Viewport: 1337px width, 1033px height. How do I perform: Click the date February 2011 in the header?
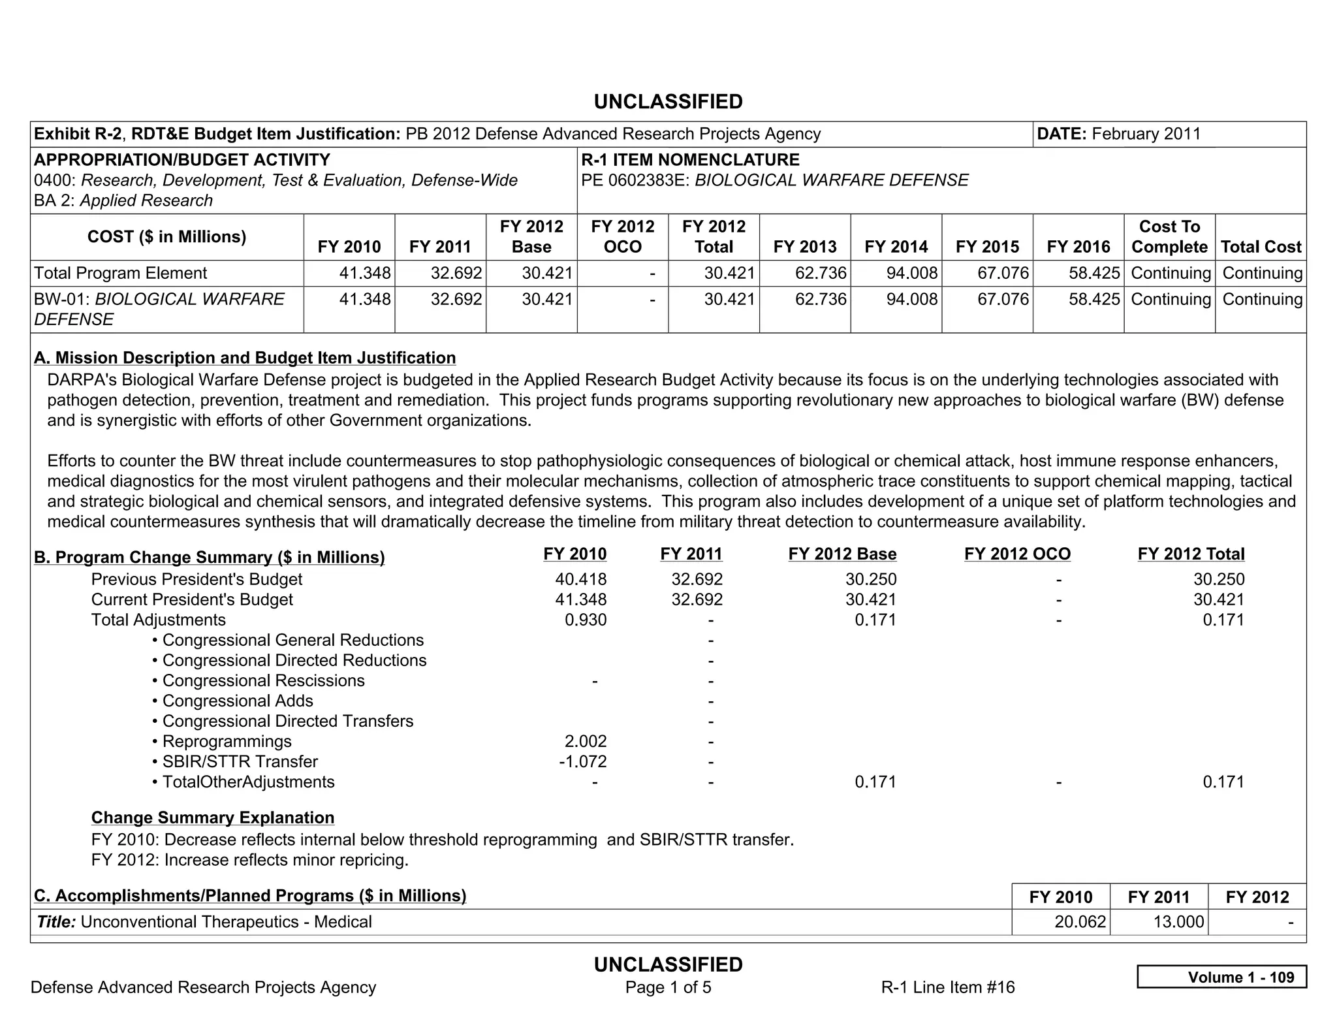pyautogui.click(x=1146, y=134)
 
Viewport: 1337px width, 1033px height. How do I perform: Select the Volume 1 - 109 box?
pyautogui.click(x=1221, y=977)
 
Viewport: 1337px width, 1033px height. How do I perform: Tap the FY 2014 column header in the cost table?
pyautogui.click(x=896, y=247)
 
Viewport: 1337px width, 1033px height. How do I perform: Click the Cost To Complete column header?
pyautogui.click(x=1169, y=236)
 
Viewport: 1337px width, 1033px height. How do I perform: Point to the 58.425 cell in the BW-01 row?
pyautogui.click(x=1094, y=299)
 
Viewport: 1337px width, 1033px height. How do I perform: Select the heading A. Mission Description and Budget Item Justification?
pyautogui.click(x=245, y=358)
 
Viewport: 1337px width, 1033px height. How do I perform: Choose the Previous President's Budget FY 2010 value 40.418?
pyautogui.click(x=580, y=579)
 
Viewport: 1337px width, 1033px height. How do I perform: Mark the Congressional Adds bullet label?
pyautogui.click(x=238, y=701)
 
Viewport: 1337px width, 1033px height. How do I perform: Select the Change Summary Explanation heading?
pyautogui.click(x=213, y=818)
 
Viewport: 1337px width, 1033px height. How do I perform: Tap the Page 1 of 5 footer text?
pyautogui.click(x=668, y=987)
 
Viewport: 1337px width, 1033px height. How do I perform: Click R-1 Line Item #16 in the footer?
pyautogui.click(x=948, y=987)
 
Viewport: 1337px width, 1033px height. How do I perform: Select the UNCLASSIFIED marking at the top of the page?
pyautogui.click(x=668, y=102)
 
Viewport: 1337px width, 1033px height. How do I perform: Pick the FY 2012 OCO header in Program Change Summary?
pyautogui.click(x=1017, y=554)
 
